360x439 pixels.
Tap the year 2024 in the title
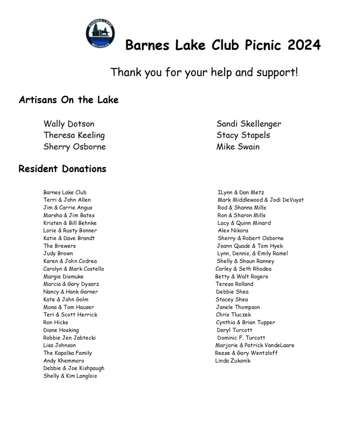(304, 45)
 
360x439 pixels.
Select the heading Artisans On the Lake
(69, 100)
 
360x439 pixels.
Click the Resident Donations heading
(62, 169)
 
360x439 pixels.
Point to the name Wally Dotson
(69, 124)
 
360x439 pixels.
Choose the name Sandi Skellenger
(249, 124)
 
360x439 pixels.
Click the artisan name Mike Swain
(238, 147)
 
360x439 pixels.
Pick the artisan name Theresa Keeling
(74, 135)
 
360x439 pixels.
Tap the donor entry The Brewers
(59, 246)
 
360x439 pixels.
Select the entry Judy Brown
(58, 254)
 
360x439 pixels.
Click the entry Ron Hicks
(55, 322)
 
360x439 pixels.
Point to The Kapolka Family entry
(67, 353)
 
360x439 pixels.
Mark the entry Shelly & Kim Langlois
(70, 376)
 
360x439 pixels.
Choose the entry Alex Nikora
(233, 230)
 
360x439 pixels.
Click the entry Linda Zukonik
(233, 361)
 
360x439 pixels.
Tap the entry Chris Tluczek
(233, 315)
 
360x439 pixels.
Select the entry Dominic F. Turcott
(241, 338)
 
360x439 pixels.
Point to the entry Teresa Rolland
(234, 284)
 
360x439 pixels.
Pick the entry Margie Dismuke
(63, 277)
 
